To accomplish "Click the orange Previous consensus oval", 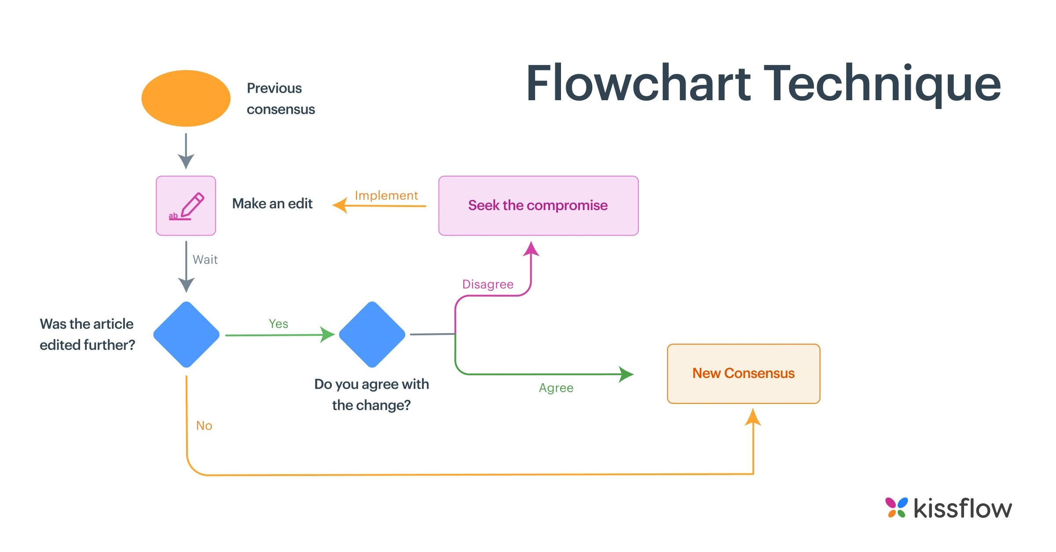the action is [186, 98].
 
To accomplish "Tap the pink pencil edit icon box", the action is [186, 206].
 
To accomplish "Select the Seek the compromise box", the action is [538, 206].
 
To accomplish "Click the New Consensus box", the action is [744, 374].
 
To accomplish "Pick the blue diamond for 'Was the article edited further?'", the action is [186, 334].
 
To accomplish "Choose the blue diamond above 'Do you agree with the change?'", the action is [372, 334].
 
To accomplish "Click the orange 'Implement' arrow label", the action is [386, 196].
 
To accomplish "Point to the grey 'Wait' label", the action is [205, 260].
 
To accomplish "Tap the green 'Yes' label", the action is [279, 324].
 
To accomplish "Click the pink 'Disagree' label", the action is [488, 284].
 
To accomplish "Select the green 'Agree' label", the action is [556, 388].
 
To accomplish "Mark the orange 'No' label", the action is [204, 425].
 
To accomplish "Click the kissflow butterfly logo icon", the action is [896, 508].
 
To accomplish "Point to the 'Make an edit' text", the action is [272, 204].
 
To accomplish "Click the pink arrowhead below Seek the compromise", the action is [531, 249].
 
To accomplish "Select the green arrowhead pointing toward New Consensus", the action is [626, 374].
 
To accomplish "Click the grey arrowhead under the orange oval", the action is [186, 162].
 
